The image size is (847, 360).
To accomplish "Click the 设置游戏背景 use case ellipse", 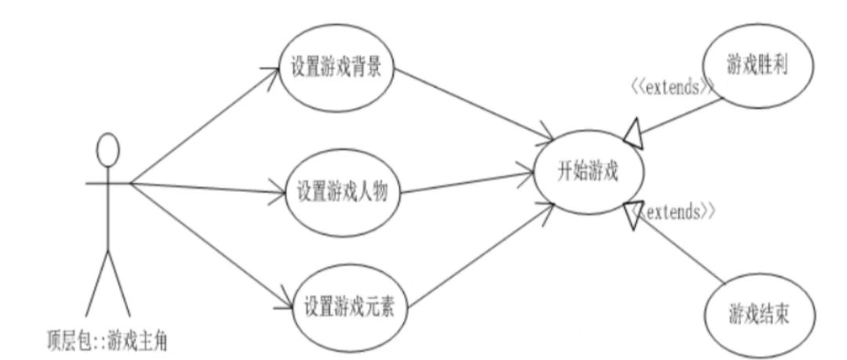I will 337,67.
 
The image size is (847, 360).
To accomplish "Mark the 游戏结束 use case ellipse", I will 758,315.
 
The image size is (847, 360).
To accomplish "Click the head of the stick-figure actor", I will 107,148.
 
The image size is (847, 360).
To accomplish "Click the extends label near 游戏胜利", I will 672,88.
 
